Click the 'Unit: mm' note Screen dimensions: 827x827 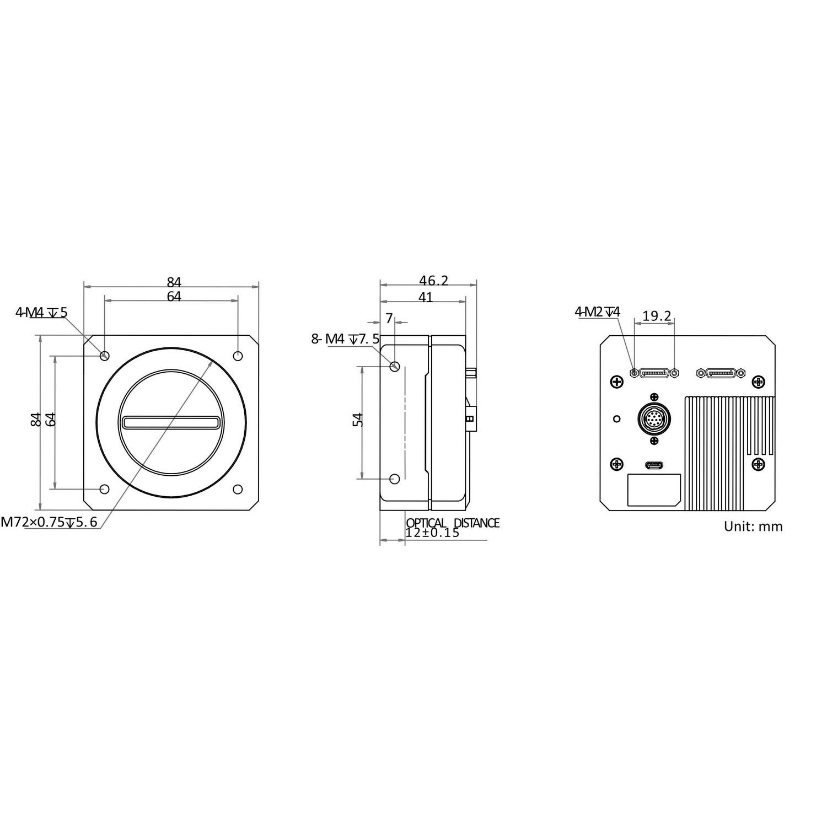pyautogui.click(x=753, y=527)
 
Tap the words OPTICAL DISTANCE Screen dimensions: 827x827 pyautogui.click(x=453, y=523)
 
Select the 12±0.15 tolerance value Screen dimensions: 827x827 pyautogui.click(x=432, y=533)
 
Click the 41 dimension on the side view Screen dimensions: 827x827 pyautogui.click(x=425, y=298)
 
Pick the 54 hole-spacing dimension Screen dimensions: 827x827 pyautogui.click(x=358, y=420)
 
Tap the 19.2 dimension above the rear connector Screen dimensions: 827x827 pyautogui.click(x=657, y=316)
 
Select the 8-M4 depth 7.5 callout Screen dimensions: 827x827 pyautogui.click(x=346, y=339)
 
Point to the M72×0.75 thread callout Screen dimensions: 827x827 pyautogui.click(x=50, y=522)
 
